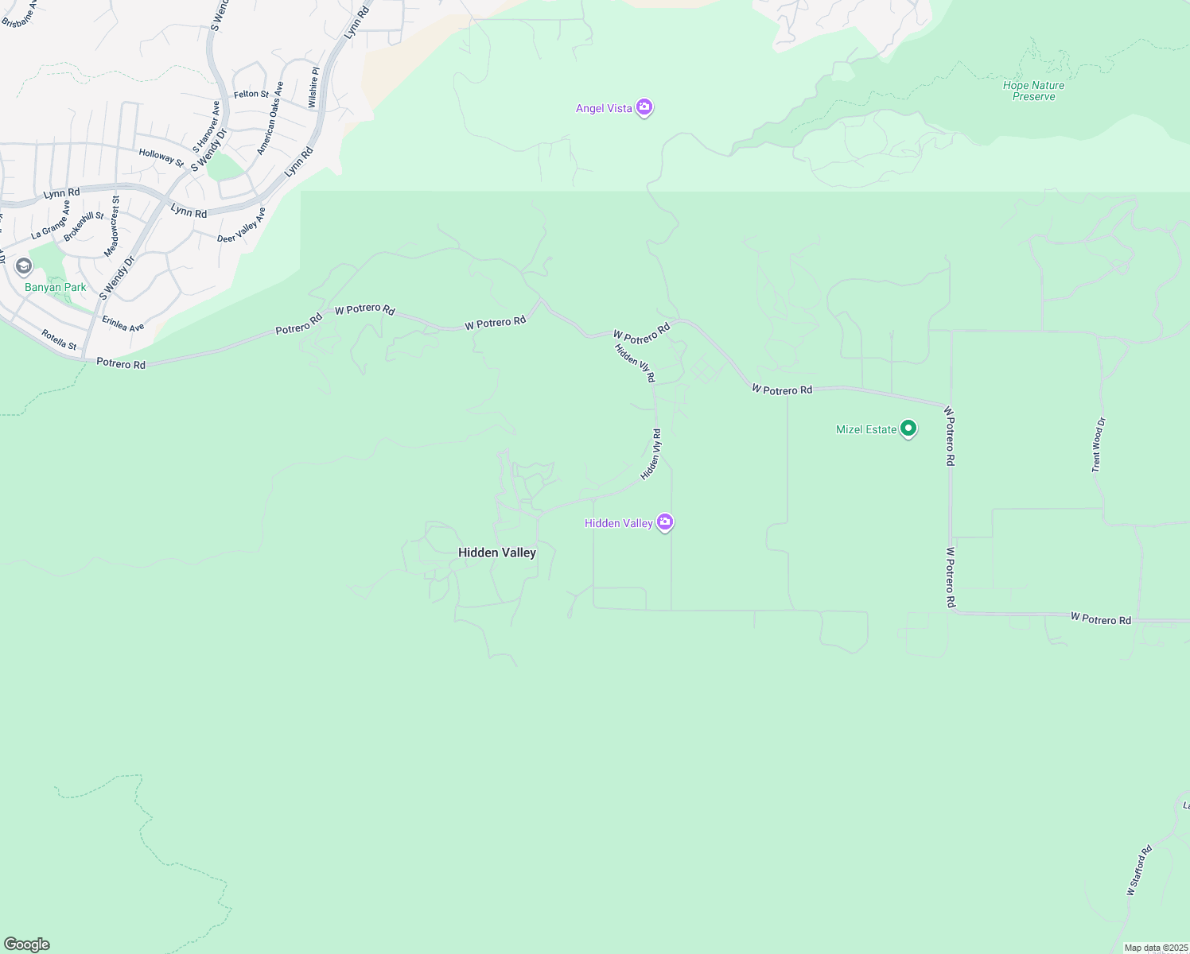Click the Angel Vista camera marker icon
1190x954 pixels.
pos(645,107)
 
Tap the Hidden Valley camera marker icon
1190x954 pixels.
pos(666,522)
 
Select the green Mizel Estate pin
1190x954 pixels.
pos(908,429)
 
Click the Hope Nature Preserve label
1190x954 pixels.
pos(1033,91)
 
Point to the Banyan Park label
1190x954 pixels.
pos(55,287)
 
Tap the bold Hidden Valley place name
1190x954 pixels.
pos(497,553)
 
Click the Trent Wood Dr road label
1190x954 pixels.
pos(1098,445)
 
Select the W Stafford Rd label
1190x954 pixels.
pos(1139,871)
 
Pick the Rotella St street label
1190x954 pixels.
pos(59,339)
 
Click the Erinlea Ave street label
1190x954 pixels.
pos(122,322)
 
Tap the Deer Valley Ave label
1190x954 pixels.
pos(241,226)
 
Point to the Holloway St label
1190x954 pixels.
pos(161,157)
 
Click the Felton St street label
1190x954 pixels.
pos(251,94)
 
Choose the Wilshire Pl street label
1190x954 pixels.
pos(314,87)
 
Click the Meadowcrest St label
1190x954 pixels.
pos(111,227)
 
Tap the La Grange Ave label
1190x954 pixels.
pos(51,222)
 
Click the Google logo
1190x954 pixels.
pos(26,944)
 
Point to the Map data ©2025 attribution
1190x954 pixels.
pos(1155,948)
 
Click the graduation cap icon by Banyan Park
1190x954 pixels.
pos(24,266)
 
